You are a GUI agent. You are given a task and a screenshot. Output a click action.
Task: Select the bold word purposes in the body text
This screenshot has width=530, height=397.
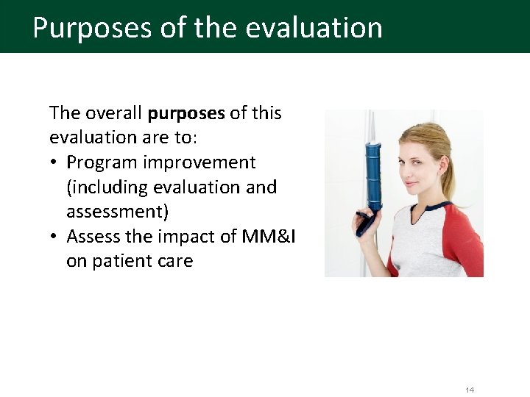(186, 113)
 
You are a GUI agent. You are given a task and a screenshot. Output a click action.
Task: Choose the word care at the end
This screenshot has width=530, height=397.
(174, 261)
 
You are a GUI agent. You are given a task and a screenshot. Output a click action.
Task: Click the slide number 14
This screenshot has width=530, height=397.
(470, 390)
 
